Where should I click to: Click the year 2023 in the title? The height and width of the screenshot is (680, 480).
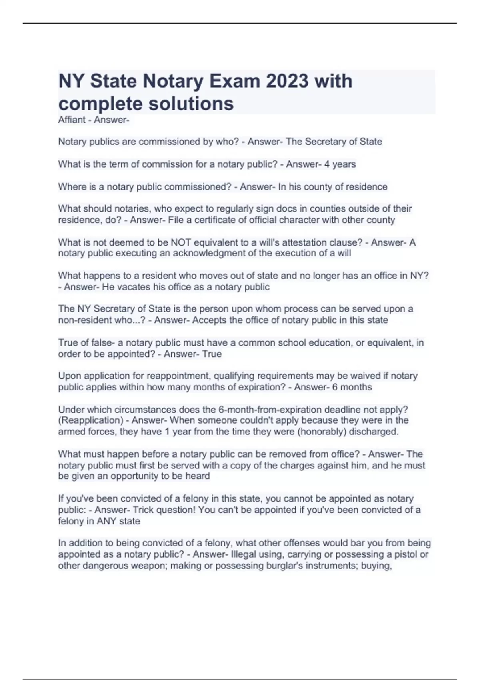tap(287, 81)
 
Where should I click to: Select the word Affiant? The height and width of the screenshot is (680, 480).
tap(72, 120)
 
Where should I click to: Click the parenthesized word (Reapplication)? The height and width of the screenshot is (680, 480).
tap(91, 420)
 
